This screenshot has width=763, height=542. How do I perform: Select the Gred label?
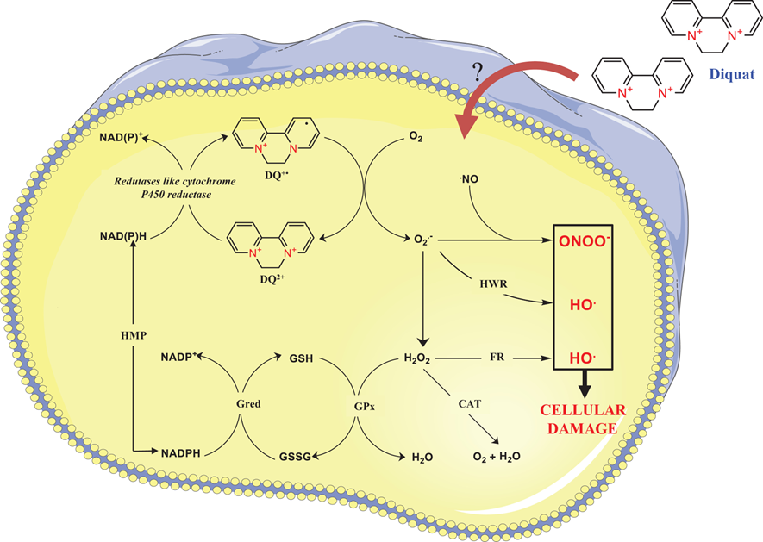point(247,402)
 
